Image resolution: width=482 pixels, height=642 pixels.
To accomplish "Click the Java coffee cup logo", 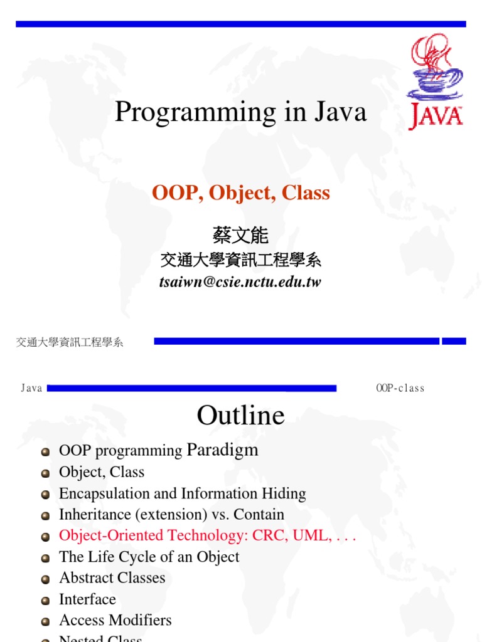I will click(436, 82).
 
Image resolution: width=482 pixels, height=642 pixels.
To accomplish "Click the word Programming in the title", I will click(178, 113).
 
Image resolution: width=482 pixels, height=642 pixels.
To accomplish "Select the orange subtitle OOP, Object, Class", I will click(241, 193).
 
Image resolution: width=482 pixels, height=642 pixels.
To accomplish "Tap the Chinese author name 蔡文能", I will click(241, 236).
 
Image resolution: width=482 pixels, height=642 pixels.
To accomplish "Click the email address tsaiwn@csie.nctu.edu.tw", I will click(240, 282).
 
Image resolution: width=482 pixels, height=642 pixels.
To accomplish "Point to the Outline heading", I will click(240, 415).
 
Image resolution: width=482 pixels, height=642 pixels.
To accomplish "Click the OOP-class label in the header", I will click(400, 388).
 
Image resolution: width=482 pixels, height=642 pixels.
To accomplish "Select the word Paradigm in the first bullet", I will click(223, 450).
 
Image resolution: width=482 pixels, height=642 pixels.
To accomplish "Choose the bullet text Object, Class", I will click(102, 472).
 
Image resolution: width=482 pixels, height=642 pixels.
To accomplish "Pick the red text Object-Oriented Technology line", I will click(208, 536).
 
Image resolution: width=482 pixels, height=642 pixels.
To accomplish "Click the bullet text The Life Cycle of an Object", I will click(149, 557).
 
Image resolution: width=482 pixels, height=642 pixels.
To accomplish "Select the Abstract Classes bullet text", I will click(112, 578).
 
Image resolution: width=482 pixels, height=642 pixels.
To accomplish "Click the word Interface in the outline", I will click(87, 599).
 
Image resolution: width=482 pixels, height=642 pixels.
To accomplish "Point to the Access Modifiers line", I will click(115, 620).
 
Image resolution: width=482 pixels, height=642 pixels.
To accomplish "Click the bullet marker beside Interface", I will click(45, 600).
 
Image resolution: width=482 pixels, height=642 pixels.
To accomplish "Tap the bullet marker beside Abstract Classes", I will click(45, 579).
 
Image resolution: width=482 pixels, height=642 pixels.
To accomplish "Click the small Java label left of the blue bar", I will click(31, 388).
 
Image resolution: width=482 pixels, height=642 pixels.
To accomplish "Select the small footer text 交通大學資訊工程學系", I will click(70, 342).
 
